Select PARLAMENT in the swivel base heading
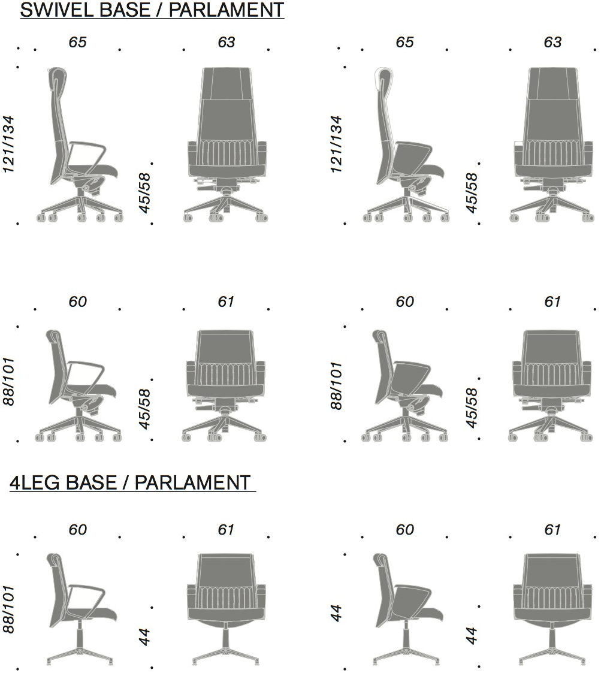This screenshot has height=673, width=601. click(226, 10)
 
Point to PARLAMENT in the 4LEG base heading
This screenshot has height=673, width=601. click(192, 482)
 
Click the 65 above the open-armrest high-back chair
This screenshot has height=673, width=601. click(78, 42)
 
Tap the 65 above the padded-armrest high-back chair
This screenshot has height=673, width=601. click(405, 42)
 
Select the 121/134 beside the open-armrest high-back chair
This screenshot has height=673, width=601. click(8, 144)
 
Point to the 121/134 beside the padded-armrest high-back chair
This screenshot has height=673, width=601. click(336, 144)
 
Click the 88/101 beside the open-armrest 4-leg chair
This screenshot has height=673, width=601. click(8, 609)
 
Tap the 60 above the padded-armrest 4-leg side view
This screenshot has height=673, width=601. click(405, 530)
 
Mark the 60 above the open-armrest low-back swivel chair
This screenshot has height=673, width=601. click(78, 301)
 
